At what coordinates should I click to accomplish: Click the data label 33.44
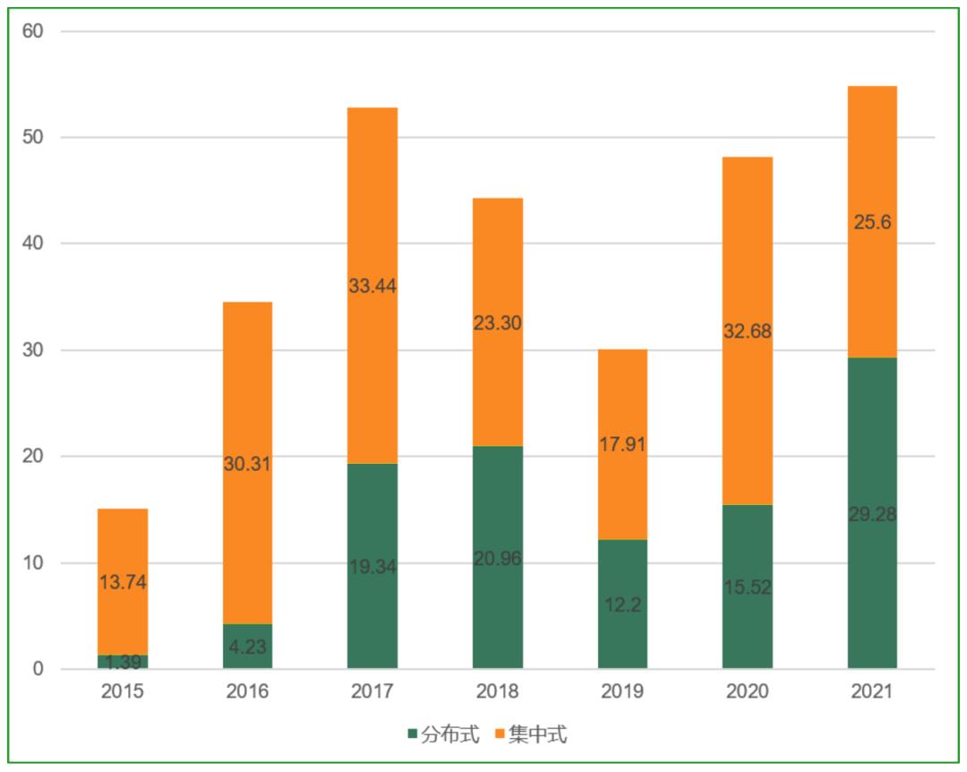click(x=372, y=287)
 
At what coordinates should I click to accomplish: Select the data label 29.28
click(x=872, y=515)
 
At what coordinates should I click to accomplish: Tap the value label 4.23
click(x=247, y=647)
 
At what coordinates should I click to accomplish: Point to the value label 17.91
click(x=622, y=444)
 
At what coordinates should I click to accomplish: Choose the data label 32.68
click(x=747, y=331)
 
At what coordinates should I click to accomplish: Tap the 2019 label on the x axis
click(x=622, y=691)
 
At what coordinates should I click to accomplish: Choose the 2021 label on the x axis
click(x=872, y=691)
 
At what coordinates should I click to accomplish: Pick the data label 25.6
click(x=872, y=222)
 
